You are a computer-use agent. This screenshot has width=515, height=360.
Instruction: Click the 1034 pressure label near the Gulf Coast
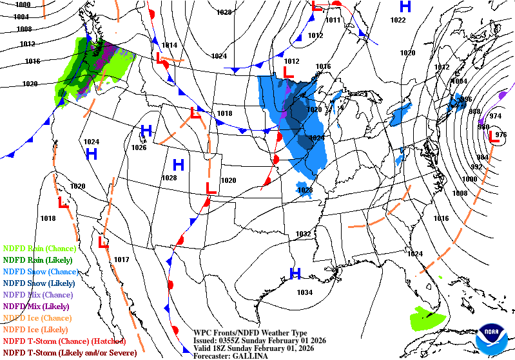point(305,292)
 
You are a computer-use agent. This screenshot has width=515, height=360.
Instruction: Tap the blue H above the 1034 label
point(295,274)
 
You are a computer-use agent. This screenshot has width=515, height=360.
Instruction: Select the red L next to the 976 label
point(493,136)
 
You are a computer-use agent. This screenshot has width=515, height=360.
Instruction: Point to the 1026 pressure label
point(139,147)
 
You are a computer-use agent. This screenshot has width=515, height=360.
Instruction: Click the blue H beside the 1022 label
point(405,7)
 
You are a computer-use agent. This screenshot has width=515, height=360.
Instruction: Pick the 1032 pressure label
point(303,234)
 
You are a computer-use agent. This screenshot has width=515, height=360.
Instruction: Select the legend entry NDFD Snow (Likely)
point(39,283)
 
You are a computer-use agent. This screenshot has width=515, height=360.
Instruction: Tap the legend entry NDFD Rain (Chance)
point(39,248)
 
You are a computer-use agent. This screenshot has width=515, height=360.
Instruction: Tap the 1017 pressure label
point(122,260)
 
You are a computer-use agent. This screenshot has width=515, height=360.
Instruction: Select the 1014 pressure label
point(170,45)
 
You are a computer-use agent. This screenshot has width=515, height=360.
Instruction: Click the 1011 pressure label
point(333,20)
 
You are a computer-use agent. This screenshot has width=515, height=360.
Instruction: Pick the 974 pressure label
point(496,116)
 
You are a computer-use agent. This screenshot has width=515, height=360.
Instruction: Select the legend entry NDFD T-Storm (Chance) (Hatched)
point(63,341)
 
